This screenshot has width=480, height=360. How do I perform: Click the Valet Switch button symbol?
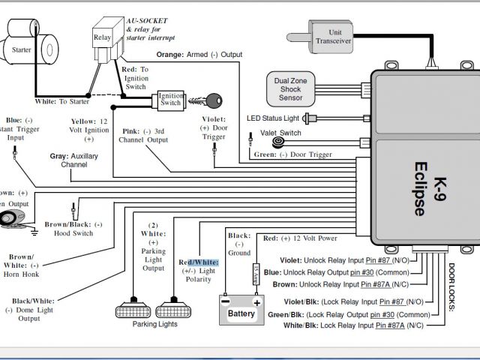[x=280, y=142]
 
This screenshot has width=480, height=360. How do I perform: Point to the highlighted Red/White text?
[x=198, y=262]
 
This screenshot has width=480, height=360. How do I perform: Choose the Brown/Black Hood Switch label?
[x=73, y=228]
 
